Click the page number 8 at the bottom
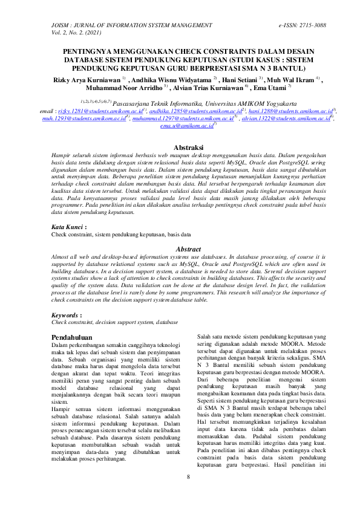188,477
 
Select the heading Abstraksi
180,148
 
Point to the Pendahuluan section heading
71,337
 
